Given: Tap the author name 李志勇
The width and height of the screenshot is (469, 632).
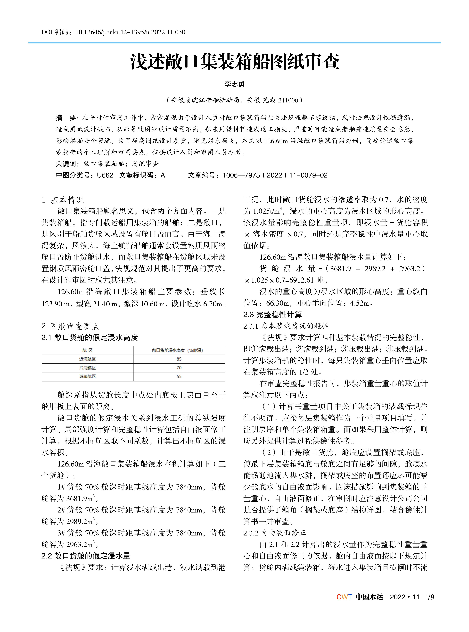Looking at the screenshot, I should tap(234, 84).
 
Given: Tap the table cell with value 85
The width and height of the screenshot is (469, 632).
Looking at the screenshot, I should tap(179, 359).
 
